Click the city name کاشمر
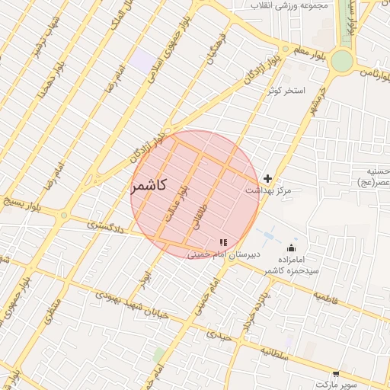[x=154, y=186]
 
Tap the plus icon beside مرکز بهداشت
[x=267, y=178]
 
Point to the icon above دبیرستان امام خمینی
[x=223, y=241]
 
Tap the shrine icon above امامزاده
[x=291, y=248]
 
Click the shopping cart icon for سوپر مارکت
[x=336, y=374]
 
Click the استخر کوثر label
[x=286, y=90]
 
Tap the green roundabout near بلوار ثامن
[x=342, y=61]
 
